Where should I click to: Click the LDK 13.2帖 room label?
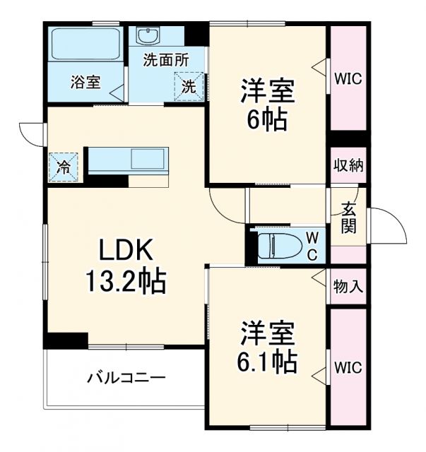click(x=126, y=267)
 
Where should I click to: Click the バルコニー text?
click(x=126, y=377)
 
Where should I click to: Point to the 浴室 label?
click(x=85, y=82)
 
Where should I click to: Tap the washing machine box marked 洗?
click(x=189, y=87)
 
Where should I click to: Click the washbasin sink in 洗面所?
click(x=150, y=36)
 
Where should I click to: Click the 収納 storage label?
click(x=348, y=167)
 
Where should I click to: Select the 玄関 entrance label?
click(x=348, y=217)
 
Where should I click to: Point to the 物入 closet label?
click(x=348, y=286)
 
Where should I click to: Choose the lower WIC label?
click(x=348, y=368)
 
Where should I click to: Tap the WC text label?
click(x=312, y=245)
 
